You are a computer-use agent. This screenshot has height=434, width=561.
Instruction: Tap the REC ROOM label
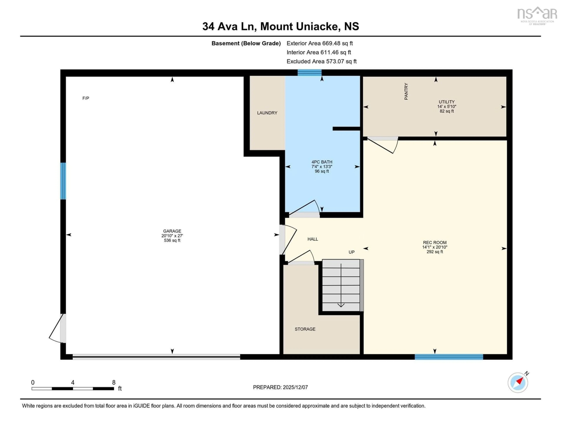(435, 242)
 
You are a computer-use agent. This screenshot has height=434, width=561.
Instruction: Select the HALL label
(313, 239)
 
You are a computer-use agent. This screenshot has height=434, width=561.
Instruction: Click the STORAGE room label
(305, 329)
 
